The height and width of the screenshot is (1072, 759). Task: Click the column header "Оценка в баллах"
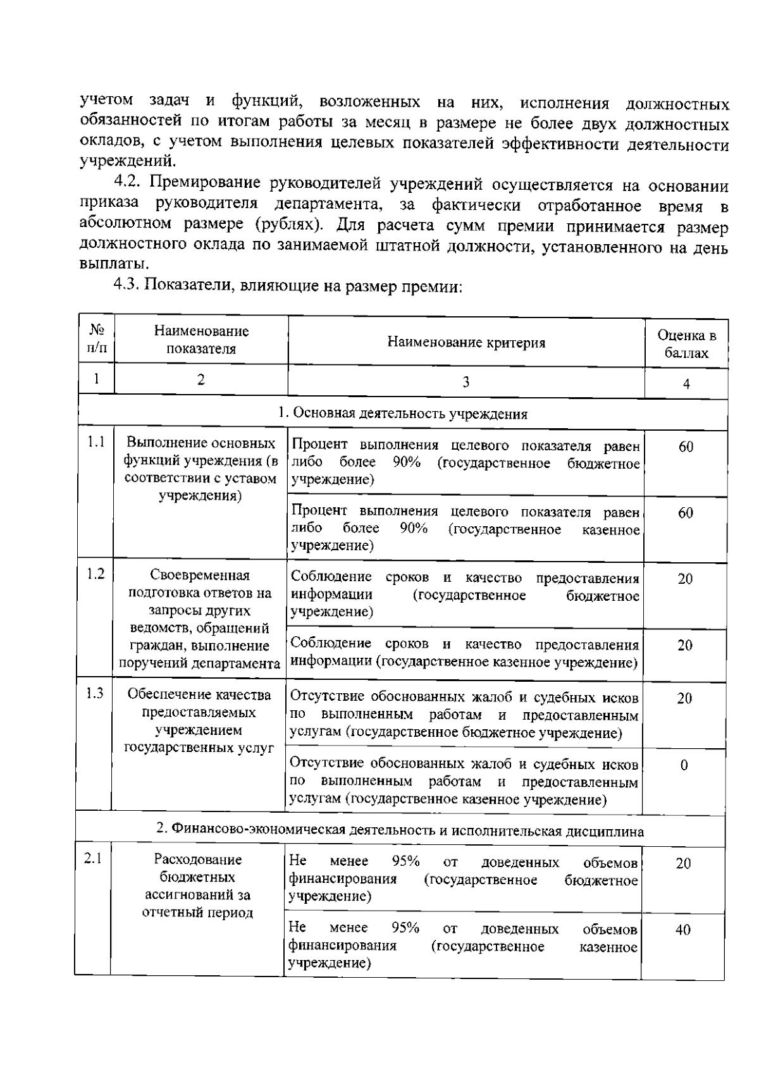tap(686, 344)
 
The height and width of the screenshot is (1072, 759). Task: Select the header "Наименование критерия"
tap(466, 343)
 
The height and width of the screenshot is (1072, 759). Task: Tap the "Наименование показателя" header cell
tap(201, 340)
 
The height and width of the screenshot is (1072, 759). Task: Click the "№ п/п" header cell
tap(97, 339)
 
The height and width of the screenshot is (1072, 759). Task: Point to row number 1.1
tap(96, 441)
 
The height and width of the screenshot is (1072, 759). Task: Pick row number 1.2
tap(96, 574)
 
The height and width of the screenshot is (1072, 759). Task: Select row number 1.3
tap(95, 693)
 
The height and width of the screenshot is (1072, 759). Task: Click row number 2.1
tap(93, 858)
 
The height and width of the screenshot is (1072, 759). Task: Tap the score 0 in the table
tap(684, 765)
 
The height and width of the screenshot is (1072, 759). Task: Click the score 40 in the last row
tap(683, 930)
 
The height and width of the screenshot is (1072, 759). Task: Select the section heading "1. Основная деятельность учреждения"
tap(403, 414)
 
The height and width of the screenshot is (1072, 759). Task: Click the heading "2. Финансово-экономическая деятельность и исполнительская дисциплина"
tap(400, 831)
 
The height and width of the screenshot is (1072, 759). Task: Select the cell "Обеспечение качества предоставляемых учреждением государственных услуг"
tap(199, 721)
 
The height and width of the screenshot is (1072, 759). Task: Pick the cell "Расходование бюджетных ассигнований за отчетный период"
tap(197, 885)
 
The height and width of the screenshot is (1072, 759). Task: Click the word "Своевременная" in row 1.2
tap(200, 576)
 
